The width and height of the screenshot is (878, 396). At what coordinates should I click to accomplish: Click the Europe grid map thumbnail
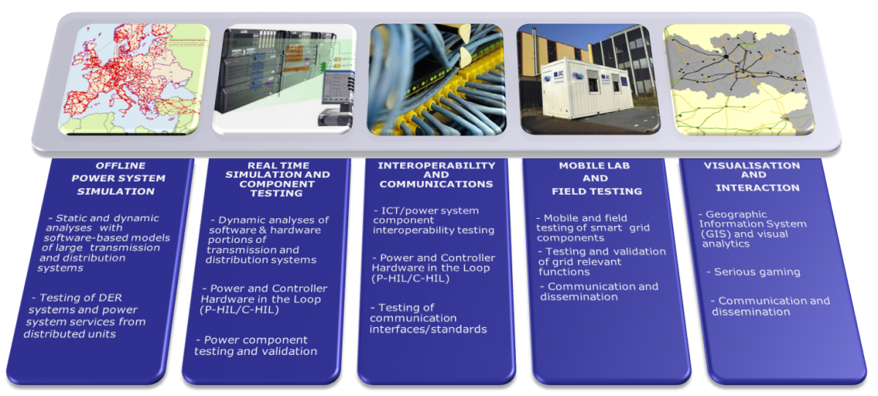click(134, 80)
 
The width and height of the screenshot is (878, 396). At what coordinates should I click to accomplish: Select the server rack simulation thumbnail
click(284, 78)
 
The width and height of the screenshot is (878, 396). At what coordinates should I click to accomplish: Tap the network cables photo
click(437, 80)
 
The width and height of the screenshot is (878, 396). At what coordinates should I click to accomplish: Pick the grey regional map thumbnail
click(739, 80)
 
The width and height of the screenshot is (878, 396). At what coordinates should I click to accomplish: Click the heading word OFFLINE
click(121, 166)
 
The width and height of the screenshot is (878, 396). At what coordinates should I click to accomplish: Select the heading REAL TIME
click(278, 166)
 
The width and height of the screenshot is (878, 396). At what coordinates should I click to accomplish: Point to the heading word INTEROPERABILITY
click(437, 166)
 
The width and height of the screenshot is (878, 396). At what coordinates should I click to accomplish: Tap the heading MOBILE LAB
click(594, 166)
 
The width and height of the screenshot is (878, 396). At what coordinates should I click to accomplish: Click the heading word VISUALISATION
click(752, 166)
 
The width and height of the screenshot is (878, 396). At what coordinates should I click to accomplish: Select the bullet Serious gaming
click(754, 272)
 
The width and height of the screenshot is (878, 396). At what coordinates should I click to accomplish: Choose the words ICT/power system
click(427, 211)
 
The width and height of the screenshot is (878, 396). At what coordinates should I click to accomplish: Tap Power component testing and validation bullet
click(256, 345)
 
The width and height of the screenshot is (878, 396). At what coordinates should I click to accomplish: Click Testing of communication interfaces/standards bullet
click(428, 318)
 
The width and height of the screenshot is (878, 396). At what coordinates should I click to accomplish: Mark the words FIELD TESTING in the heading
click(597, 191)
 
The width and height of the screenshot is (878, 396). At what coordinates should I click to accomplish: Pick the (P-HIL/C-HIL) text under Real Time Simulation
click(239, 310)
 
